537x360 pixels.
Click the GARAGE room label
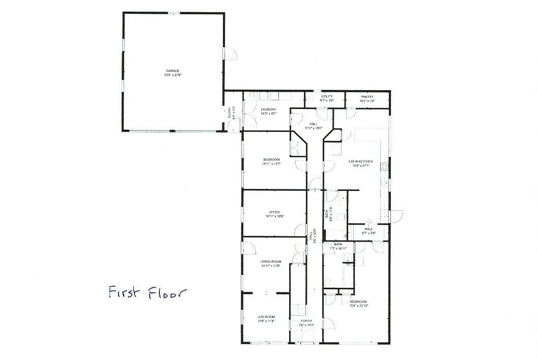(173, 71)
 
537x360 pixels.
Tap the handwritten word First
(125, 293)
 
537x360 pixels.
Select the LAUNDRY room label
(268, 109)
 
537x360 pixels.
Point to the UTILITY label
(327, 96)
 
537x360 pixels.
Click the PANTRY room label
(368, 97)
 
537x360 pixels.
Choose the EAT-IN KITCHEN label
(360, 161)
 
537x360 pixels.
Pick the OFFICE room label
(274, 212)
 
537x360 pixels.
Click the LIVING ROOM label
(271, 262)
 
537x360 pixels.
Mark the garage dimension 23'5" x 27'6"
(173, 75)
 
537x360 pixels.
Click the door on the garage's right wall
(231, 54)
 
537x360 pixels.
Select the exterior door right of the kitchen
(397, 214)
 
